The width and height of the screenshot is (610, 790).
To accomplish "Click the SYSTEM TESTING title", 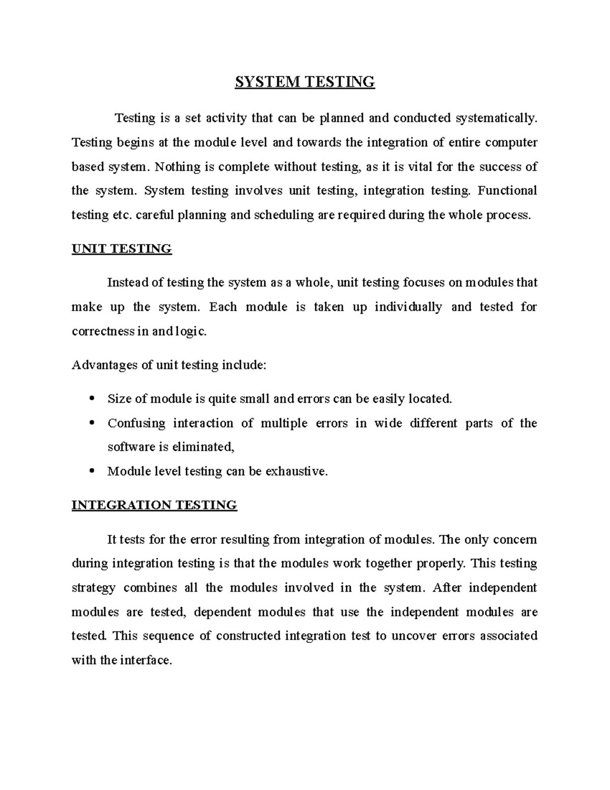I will [x=304, y=82].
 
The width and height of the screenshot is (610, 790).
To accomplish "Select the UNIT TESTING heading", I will [x=121, y=249].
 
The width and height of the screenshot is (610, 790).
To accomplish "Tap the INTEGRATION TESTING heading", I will [x=154, y=505].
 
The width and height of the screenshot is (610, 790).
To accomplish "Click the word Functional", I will [x=507, y=191].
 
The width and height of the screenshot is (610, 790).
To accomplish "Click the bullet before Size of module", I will [x=91, y=398].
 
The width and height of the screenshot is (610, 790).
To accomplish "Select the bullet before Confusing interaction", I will [x=91, y=423].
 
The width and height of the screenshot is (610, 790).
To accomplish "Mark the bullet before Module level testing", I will [x=91, y=471].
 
